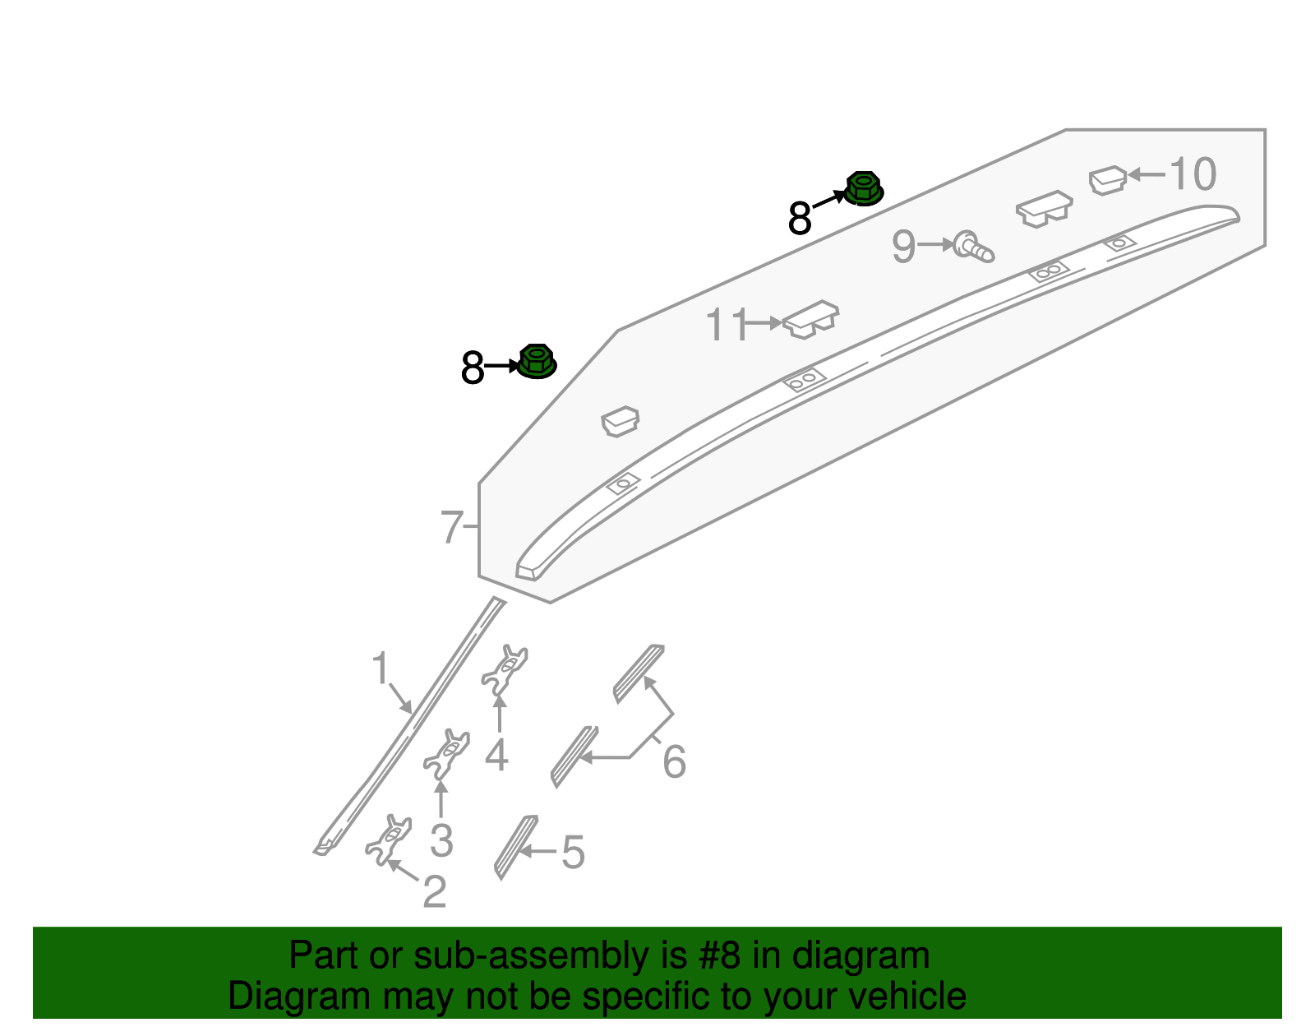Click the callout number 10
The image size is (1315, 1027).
coord(1193,174)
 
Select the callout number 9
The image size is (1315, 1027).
coord(904,247)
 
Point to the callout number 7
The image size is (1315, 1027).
coord(451,527)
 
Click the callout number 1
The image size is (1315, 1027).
coord(380,668)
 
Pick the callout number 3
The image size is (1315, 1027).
coord(442,840)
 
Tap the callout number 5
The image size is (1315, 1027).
coord(573,852)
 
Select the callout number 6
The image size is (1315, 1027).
coord(674,761)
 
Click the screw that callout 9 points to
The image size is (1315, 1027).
coord(972,247)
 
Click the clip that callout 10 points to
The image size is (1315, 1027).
coord(1107,180)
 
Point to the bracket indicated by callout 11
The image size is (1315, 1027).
coord(810,320)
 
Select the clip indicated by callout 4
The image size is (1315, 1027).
coord(504,670)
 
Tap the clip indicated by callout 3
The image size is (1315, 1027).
coord(446,754)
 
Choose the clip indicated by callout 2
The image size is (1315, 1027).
coord(389,840)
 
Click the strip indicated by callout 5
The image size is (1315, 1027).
coord(515,847)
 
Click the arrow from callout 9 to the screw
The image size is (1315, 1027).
coord(935,245)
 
